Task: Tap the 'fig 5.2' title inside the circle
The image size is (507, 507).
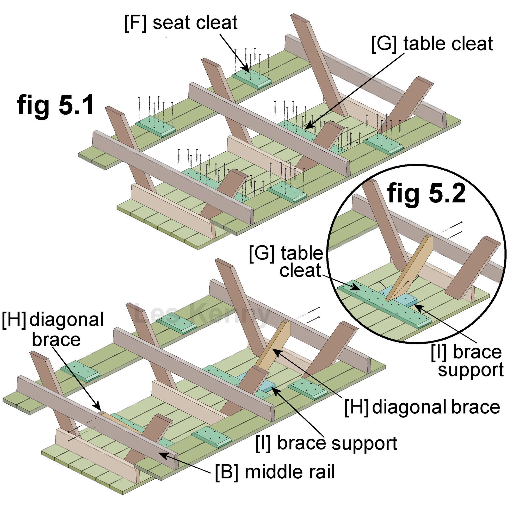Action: point(426,194)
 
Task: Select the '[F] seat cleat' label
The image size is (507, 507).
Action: point(181,23)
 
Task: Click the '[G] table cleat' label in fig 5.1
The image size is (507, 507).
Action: point(432,44)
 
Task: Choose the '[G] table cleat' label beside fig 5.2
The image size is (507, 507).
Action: point(286,262)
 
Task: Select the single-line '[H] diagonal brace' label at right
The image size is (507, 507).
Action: point(422,407)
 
